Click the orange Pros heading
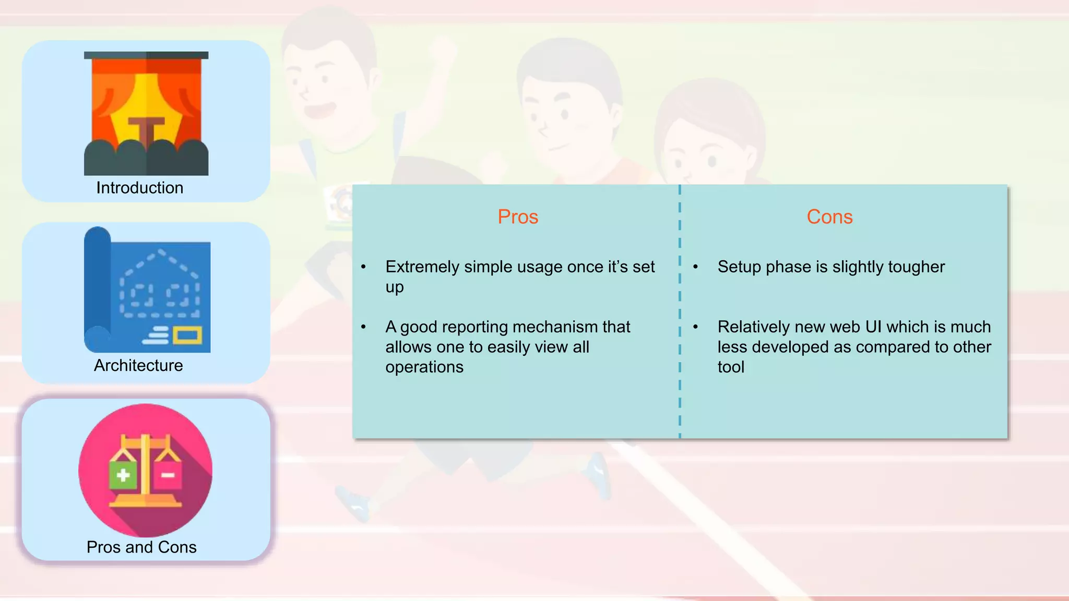click(x=517, y=217)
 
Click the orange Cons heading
click(x=829, y=217)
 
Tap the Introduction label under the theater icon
click(x=139, y=188)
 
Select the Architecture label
click(x=138, y=365)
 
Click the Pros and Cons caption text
click(x=141, y=547)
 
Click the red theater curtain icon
click(x=146, y=113)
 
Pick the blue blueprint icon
click(x=147, y=291)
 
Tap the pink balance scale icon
click(x=146, y=470)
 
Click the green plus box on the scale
click(x=123, y=475)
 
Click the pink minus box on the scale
click(x=168, y=475)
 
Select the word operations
click(x=424, y=367)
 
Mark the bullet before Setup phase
click(x=696, y=267)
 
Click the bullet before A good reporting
click(x=364, y=327)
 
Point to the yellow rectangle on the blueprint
click(x=187, y=335)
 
